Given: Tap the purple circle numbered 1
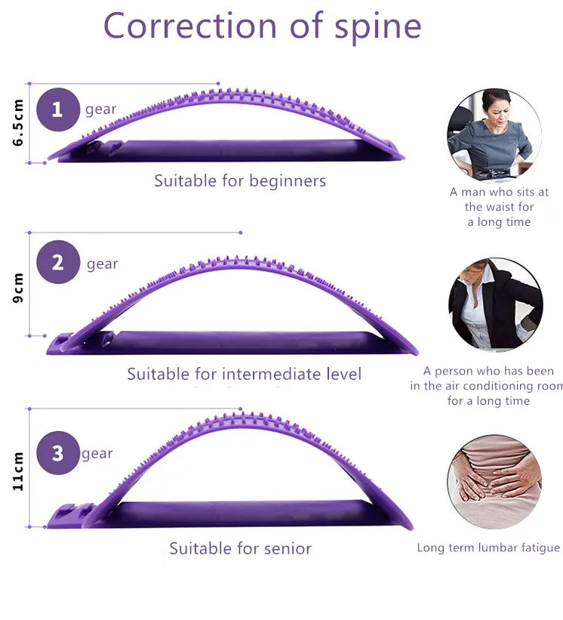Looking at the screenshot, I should click(57, 110).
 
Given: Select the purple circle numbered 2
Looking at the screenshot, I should click(57, 262).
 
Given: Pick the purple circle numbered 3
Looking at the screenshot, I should click(57, 453).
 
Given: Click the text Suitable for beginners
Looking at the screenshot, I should click(240, 181).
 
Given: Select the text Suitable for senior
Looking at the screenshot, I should click(240, 549).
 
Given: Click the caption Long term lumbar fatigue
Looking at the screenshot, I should click(488, 548).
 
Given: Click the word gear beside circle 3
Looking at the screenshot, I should click(97, 454).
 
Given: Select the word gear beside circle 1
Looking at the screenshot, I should click(100, 110).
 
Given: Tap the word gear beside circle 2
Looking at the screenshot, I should click(102, 264).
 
